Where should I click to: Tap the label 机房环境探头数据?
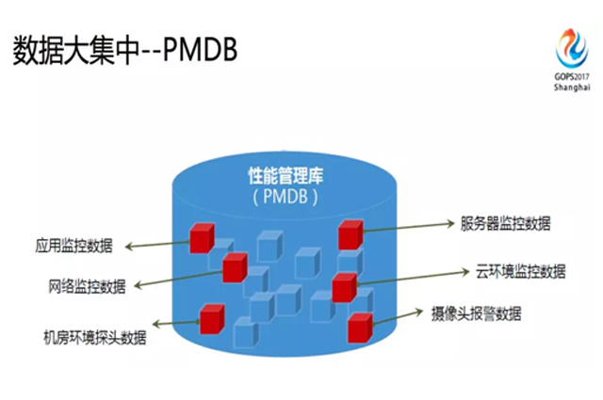(x=95, y=335)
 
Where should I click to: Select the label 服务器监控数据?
(x=506, y=223)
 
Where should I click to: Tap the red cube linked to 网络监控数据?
(x=235, y=268)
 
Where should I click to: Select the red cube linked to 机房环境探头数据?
(x=212, y=317)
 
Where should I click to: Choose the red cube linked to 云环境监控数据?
(x=345, y=286)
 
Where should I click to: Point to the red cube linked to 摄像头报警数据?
(x=360, y=327)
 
